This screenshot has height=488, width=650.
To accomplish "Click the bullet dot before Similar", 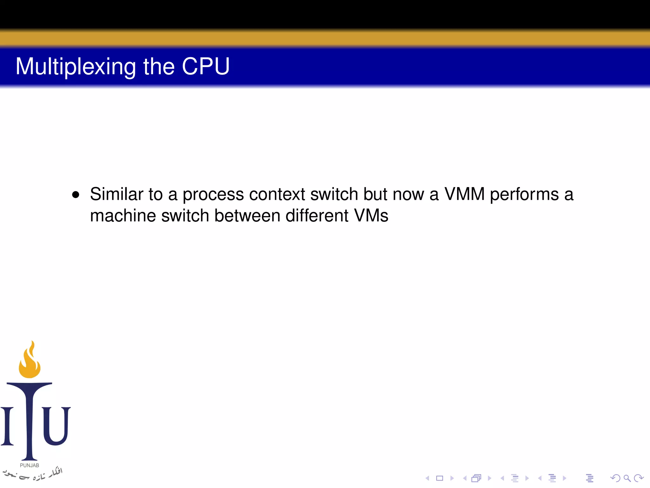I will (x=76, y=194).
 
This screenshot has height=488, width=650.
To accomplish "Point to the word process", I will (x=213, y=194).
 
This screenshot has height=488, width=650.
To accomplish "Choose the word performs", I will (x=524, y=194).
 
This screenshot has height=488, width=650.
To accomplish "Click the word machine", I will (x=123, y=216).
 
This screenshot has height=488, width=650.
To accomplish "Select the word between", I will (x=247, y=216).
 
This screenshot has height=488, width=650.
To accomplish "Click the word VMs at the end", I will (x=371, y=216).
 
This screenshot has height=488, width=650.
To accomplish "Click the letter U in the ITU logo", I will (x=56, y=426).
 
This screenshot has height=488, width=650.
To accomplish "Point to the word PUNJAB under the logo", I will (x=30, y=465).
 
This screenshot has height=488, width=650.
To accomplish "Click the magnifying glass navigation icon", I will (x=627, y=478).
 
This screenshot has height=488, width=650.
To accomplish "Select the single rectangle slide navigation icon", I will (x=440, y=478).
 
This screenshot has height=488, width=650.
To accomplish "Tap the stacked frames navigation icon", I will (x=476, y=478).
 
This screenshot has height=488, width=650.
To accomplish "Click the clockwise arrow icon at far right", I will (x=638, y=478).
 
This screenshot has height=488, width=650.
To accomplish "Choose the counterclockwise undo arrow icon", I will (x=615, y=478).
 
